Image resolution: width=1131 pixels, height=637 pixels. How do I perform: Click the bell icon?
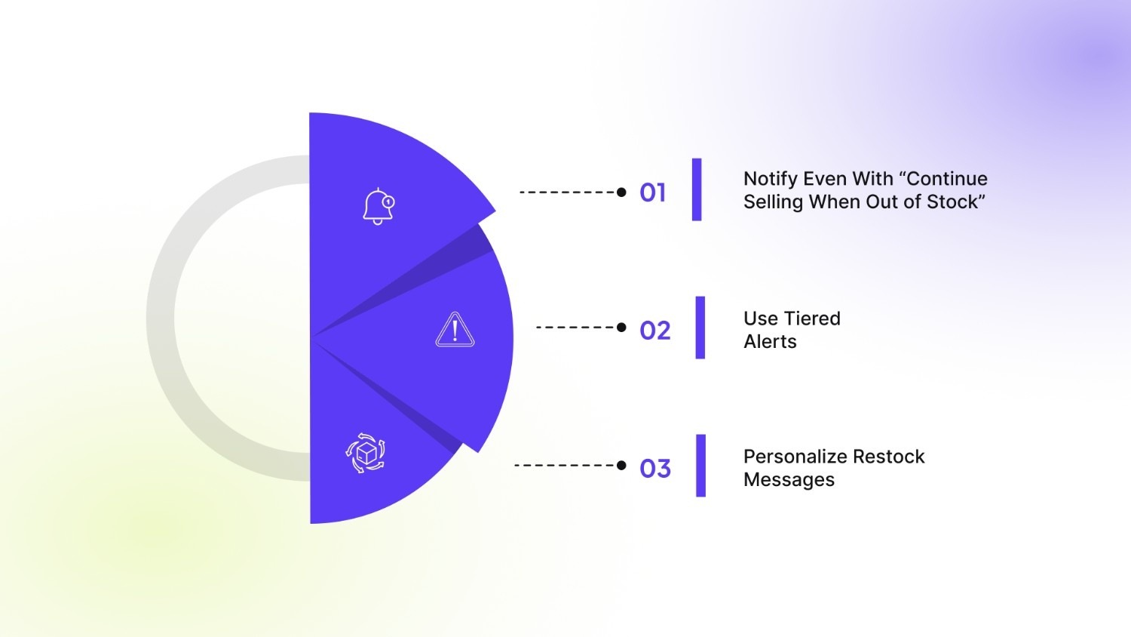379,206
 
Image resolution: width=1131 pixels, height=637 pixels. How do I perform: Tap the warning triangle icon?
455,330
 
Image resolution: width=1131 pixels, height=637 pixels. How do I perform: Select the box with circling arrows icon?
366,453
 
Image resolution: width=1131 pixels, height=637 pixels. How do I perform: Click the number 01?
652,193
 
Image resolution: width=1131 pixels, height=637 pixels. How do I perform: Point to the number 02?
654,331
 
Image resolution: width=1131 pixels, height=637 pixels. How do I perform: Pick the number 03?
654,469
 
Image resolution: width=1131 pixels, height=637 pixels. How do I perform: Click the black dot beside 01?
621,192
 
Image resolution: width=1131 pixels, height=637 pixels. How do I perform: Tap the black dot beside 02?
621,328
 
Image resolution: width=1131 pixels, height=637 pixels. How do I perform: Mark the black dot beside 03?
621,466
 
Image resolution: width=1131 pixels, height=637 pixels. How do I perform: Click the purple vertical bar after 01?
697,189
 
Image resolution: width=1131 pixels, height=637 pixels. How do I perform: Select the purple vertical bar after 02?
700,328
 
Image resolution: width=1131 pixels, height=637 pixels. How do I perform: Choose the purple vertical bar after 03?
700,466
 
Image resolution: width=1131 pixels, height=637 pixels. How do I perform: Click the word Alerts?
770,342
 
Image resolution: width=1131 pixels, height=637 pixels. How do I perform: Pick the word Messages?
789,480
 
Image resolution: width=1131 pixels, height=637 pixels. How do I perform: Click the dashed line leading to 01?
567,192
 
